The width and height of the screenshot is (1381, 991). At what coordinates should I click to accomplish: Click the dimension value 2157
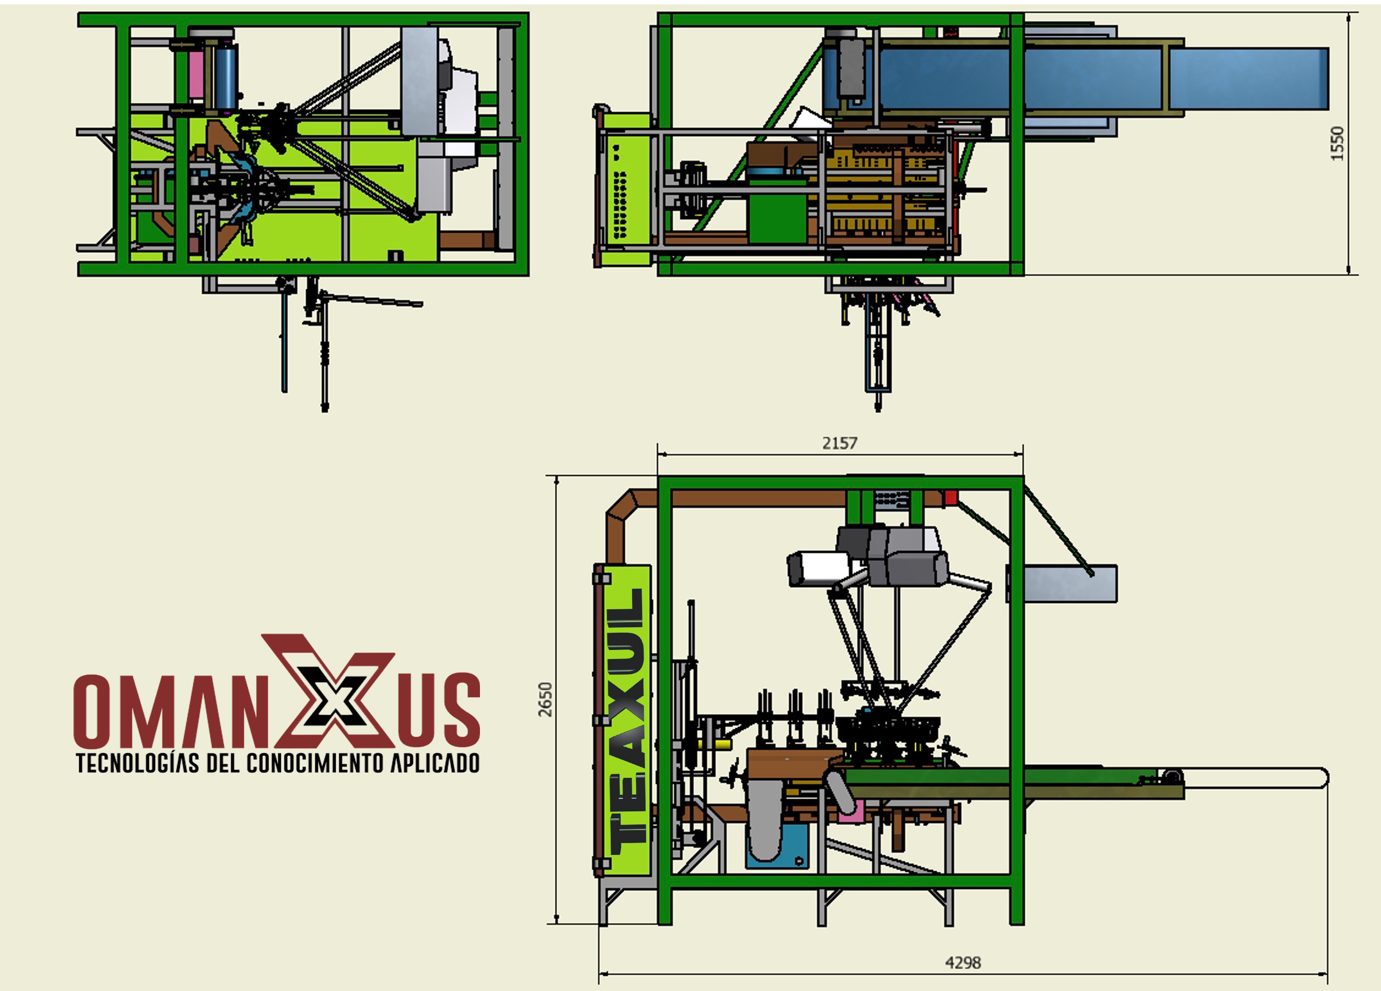[840, 443]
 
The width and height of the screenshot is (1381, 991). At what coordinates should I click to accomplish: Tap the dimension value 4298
[963, 962]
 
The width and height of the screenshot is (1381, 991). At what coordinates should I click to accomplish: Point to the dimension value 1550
[1337, 144]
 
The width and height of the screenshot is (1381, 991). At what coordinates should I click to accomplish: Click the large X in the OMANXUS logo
[329, 691]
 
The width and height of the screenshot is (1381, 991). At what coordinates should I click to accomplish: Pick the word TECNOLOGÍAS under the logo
[138, 763]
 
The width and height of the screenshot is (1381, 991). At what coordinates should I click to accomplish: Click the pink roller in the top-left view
[195, 76]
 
